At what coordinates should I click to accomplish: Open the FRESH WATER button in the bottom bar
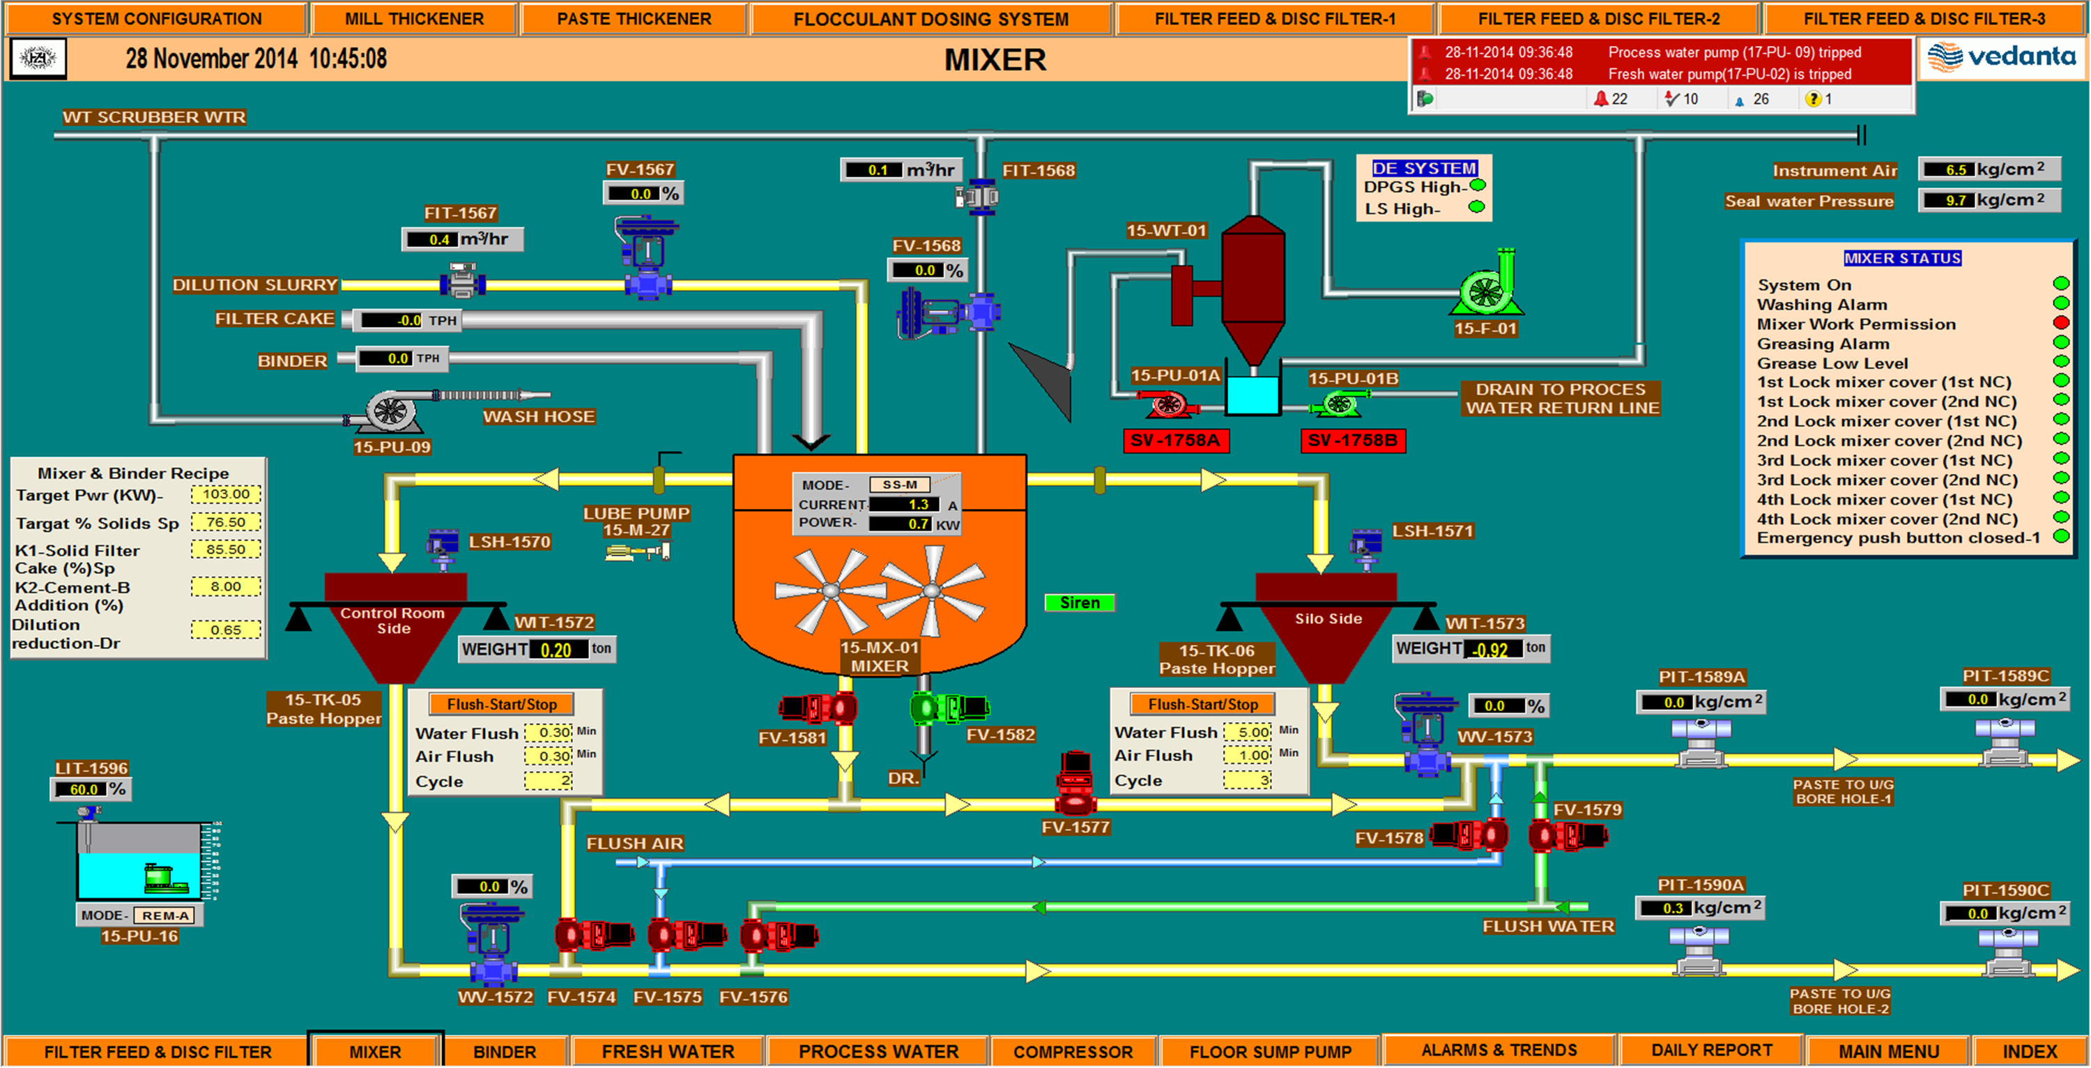click(667, 1051)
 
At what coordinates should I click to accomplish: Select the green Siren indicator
click(1080, 602)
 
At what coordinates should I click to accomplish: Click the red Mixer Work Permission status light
click(2061, 323)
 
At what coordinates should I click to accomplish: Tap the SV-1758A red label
click(1174, 440)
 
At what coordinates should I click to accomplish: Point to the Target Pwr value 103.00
click(226, 494)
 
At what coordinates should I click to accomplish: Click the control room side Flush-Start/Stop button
click(502, 704)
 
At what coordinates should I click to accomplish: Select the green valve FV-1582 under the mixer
click(947, 708)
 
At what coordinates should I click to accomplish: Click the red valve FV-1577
click(1075, 784)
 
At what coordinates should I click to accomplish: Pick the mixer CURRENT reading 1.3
click(917, 504)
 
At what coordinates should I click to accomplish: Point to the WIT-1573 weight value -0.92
click(1492, 650)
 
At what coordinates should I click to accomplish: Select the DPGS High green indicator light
click(1478, 186)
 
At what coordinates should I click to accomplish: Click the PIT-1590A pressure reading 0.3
click(1671, 908)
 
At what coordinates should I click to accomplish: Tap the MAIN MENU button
click(1888, 1051)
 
